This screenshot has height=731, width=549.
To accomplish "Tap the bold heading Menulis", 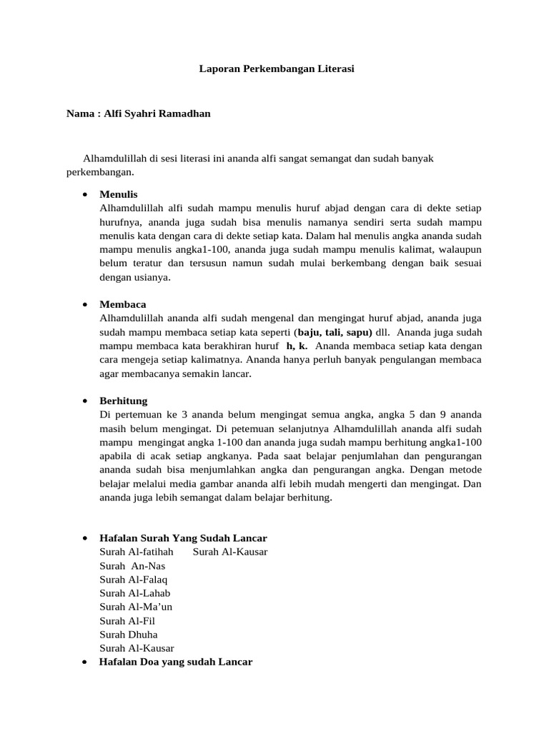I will tap(119, 194).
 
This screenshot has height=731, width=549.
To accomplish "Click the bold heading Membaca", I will tap(123, 304).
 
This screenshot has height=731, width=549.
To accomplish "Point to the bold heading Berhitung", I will tap(124, 401).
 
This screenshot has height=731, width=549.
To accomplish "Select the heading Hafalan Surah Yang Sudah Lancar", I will tap(184, 538).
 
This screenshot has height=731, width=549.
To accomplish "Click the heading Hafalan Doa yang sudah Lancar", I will tap(176, 662).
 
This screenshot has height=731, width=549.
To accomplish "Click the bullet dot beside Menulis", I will tap(85, 194).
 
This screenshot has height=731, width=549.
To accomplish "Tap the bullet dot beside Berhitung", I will tap(85, 401).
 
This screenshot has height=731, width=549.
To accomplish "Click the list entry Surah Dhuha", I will tap(129, 634).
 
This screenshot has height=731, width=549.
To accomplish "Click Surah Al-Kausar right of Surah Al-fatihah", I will tap(230, 552).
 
